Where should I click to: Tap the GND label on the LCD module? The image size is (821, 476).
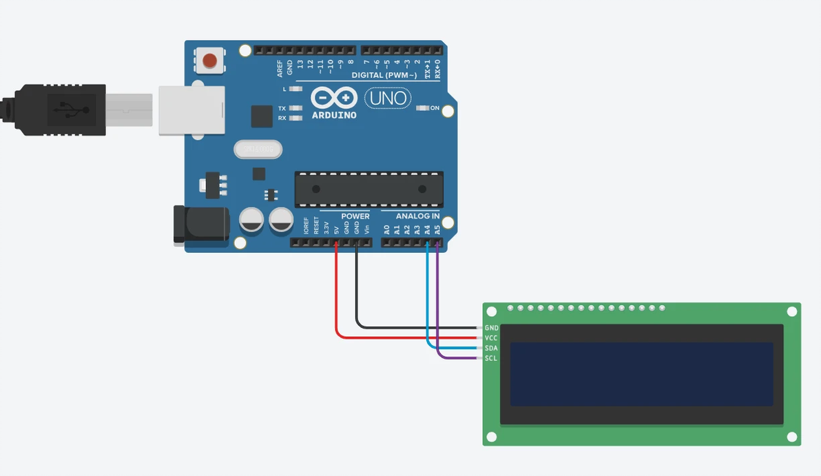[491, 329]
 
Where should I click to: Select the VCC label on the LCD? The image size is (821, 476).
[491, 338]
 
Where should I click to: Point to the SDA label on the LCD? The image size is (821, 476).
[491, 349]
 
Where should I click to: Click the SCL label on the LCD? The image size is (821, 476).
[491, 358]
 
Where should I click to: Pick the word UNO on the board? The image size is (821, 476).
[388, 99]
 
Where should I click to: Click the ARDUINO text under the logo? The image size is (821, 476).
[334, 115]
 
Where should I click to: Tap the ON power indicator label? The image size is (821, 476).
[435, 108]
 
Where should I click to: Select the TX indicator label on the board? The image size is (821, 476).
[282, 109]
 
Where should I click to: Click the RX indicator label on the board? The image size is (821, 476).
[282, 118]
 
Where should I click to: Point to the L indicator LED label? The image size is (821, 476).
[284, 90]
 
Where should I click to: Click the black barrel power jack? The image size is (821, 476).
[200, 224]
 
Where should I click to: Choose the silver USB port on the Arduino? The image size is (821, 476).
[192, 110]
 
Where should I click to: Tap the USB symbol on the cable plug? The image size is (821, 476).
[66, 110]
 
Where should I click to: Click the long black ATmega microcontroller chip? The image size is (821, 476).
[369, 189]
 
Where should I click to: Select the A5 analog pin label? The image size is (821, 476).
[437, 229]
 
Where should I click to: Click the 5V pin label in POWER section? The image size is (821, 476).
[336, 229]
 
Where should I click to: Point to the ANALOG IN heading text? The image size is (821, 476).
[417, 216]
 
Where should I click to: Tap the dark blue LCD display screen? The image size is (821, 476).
[641, 374]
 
